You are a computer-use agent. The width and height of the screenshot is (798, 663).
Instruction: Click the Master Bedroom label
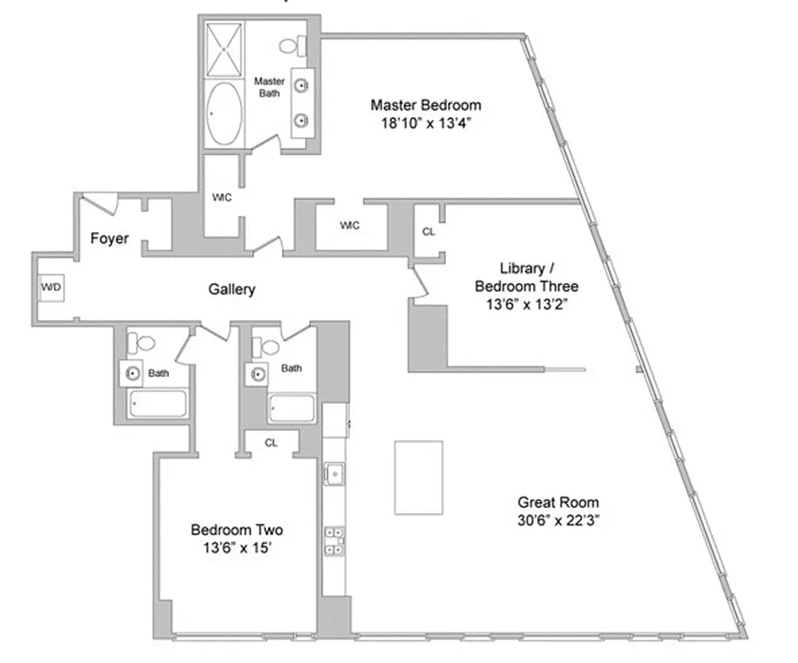tap(425, 105)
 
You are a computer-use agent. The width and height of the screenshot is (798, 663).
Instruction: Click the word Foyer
tap(109, 239)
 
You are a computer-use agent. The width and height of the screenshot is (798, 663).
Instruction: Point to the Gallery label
tap(231, 289)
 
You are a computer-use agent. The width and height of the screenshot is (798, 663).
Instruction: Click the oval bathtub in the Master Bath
tap(224, 111)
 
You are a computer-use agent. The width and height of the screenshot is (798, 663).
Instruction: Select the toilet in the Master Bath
tap(292, 45)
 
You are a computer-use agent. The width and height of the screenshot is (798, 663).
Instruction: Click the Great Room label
tap(558, 502)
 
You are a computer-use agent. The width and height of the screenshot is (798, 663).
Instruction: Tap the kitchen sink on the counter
tap(335, 475)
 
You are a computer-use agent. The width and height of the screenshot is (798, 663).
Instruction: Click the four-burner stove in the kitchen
tap(335, 540)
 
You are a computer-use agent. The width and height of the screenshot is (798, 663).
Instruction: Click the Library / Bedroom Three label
tap(525, 278)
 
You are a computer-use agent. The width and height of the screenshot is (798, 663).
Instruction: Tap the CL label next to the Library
tap(428, 232)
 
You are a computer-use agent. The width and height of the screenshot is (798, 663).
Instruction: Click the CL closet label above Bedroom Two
tap(271, 443)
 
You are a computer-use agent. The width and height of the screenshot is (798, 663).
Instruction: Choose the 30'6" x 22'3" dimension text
tap(558, 520)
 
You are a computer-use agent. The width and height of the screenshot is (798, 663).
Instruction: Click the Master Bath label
tap(268, 87)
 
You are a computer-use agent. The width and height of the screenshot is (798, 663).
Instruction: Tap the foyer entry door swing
tap(100, 201)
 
